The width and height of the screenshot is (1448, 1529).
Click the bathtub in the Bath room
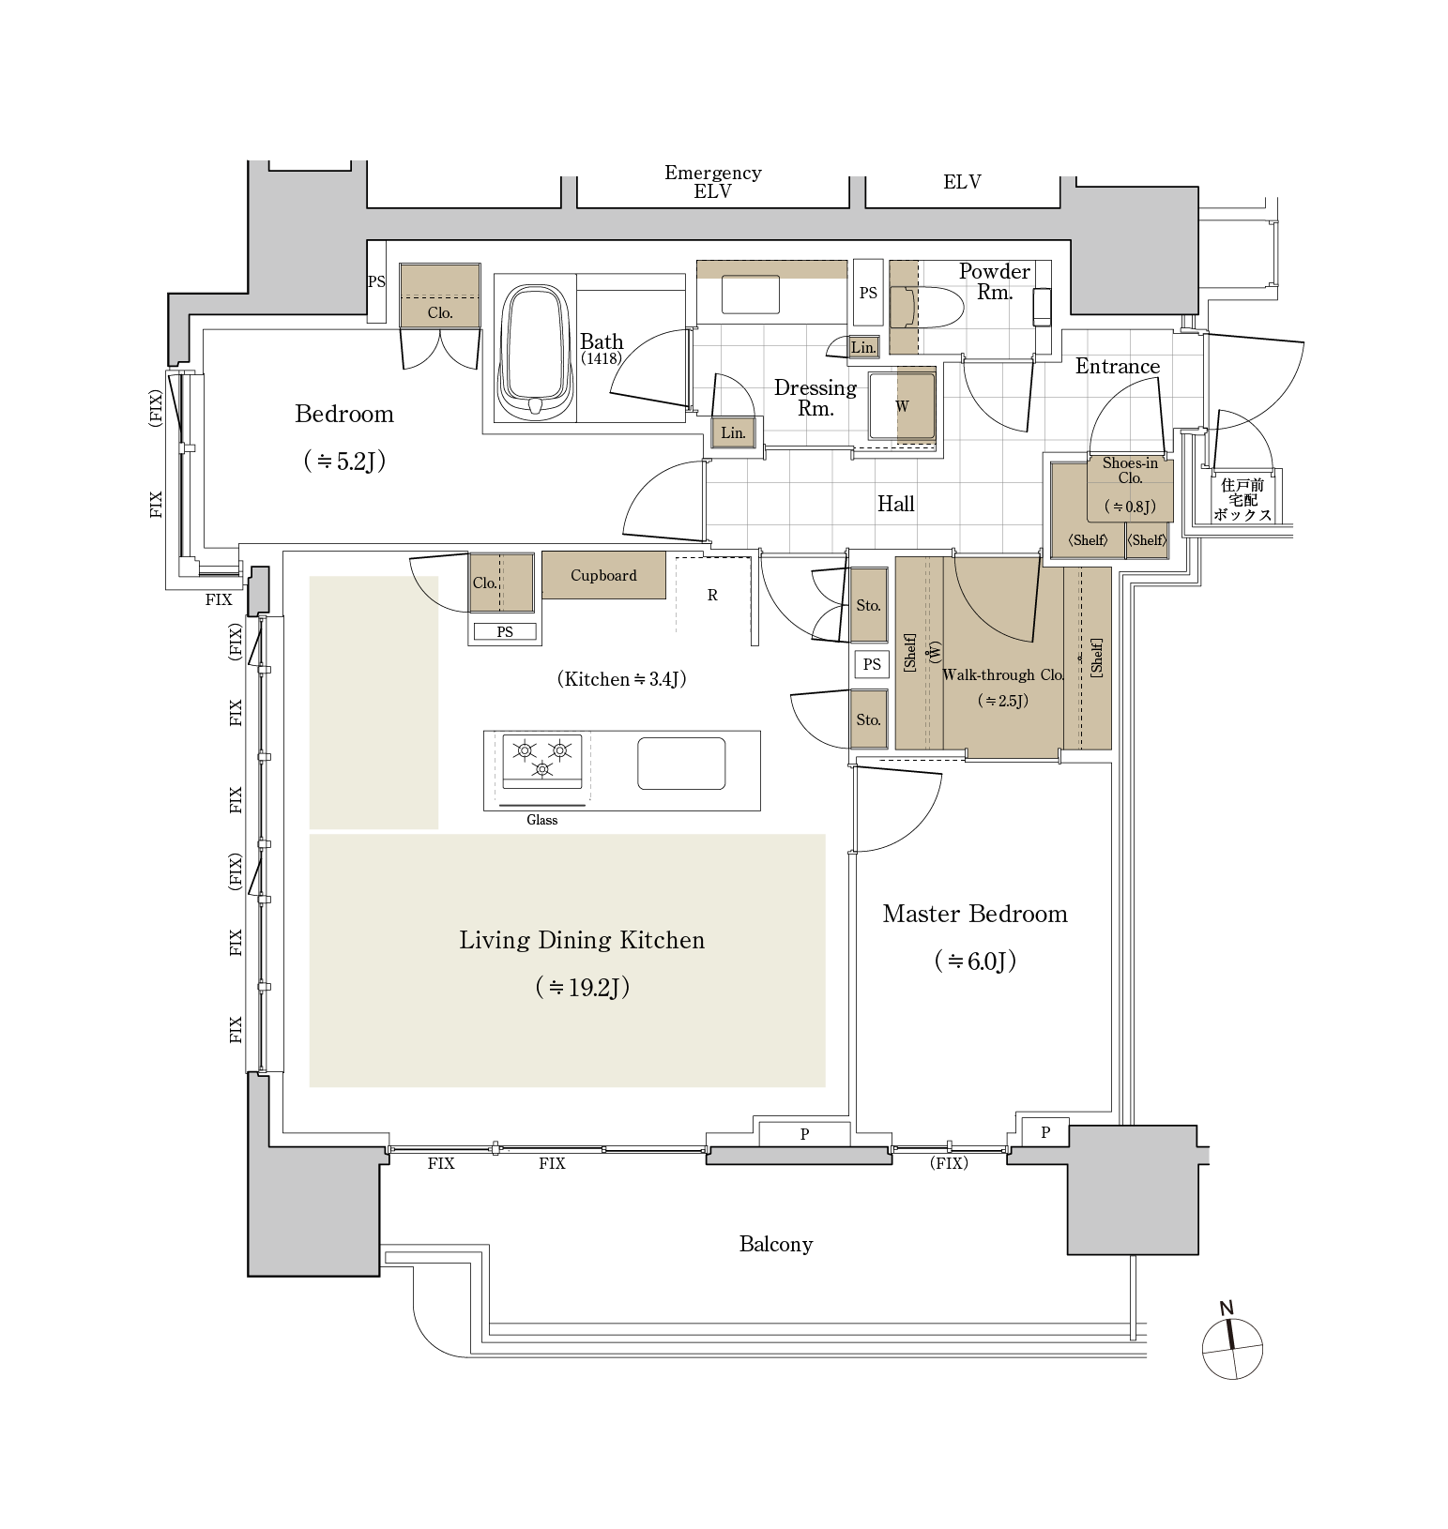coord(534,352)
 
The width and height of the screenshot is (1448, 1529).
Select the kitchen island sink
coord(681,764)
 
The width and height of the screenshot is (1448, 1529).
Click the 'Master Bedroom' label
coord(974,914)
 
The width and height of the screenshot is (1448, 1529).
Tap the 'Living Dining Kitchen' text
coord(581,940)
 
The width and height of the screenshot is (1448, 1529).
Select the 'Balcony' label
coord(775,1244)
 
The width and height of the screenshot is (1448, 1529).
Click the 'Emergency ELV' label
coord(712,181)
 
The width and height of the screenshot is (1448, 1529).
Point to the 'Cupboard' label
coord(603,575)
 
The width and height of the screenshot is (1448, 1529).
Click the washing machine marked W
coord(902,406)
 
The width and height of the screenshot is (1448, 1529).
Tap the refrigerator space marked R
coord(712,595)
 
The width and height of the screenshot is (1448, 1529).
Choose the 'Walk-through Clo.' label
coord(1002,674)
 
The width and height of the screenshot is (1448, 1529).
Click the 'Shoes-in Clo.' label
coord(1130,470)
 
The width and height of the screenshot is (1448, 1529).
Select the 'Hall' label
coord(895,504)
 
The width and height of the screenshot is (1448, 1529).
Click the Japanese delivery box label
coord(1242,500)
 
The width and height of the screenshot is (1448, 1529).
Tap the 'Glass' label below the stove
coord(541,820)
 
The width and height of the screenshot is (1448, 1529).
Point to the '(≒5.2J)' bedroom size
coord(344,461)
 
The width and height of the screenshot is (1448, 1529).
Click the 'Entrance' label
coord(1117,367)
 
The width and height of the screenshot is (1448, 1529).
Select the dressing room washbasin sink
coord(750,294)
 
